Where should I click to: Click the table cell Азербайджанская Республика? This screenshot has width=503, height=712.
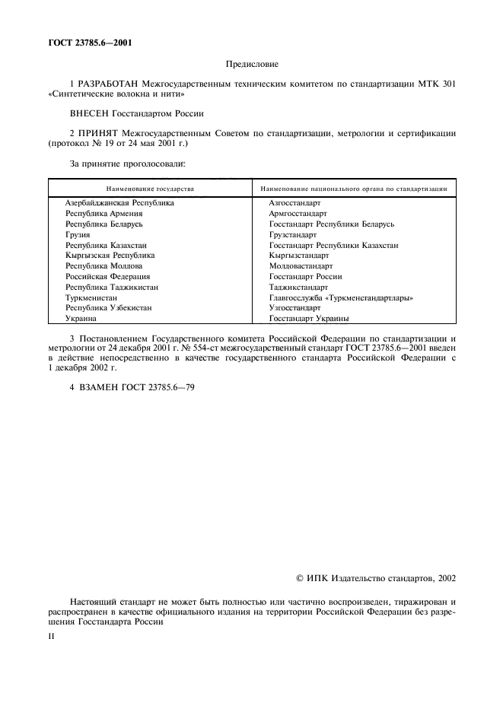click(119, 204)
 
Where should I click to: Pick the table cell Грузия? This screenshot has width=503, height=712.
click(78, 235)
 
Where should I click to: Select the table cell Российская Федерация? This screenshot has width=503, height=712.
click(107, 277)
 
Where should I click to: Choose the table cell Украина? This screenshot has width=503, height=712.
click(81, 319)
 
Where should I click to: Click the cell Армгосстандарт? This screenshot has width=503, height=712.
click(298, 215)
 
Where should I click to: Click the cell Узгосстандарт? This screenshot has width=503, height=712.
click(294, 308)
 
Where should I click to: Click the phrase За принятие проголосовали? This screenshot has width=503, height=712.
click(127, 163)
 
